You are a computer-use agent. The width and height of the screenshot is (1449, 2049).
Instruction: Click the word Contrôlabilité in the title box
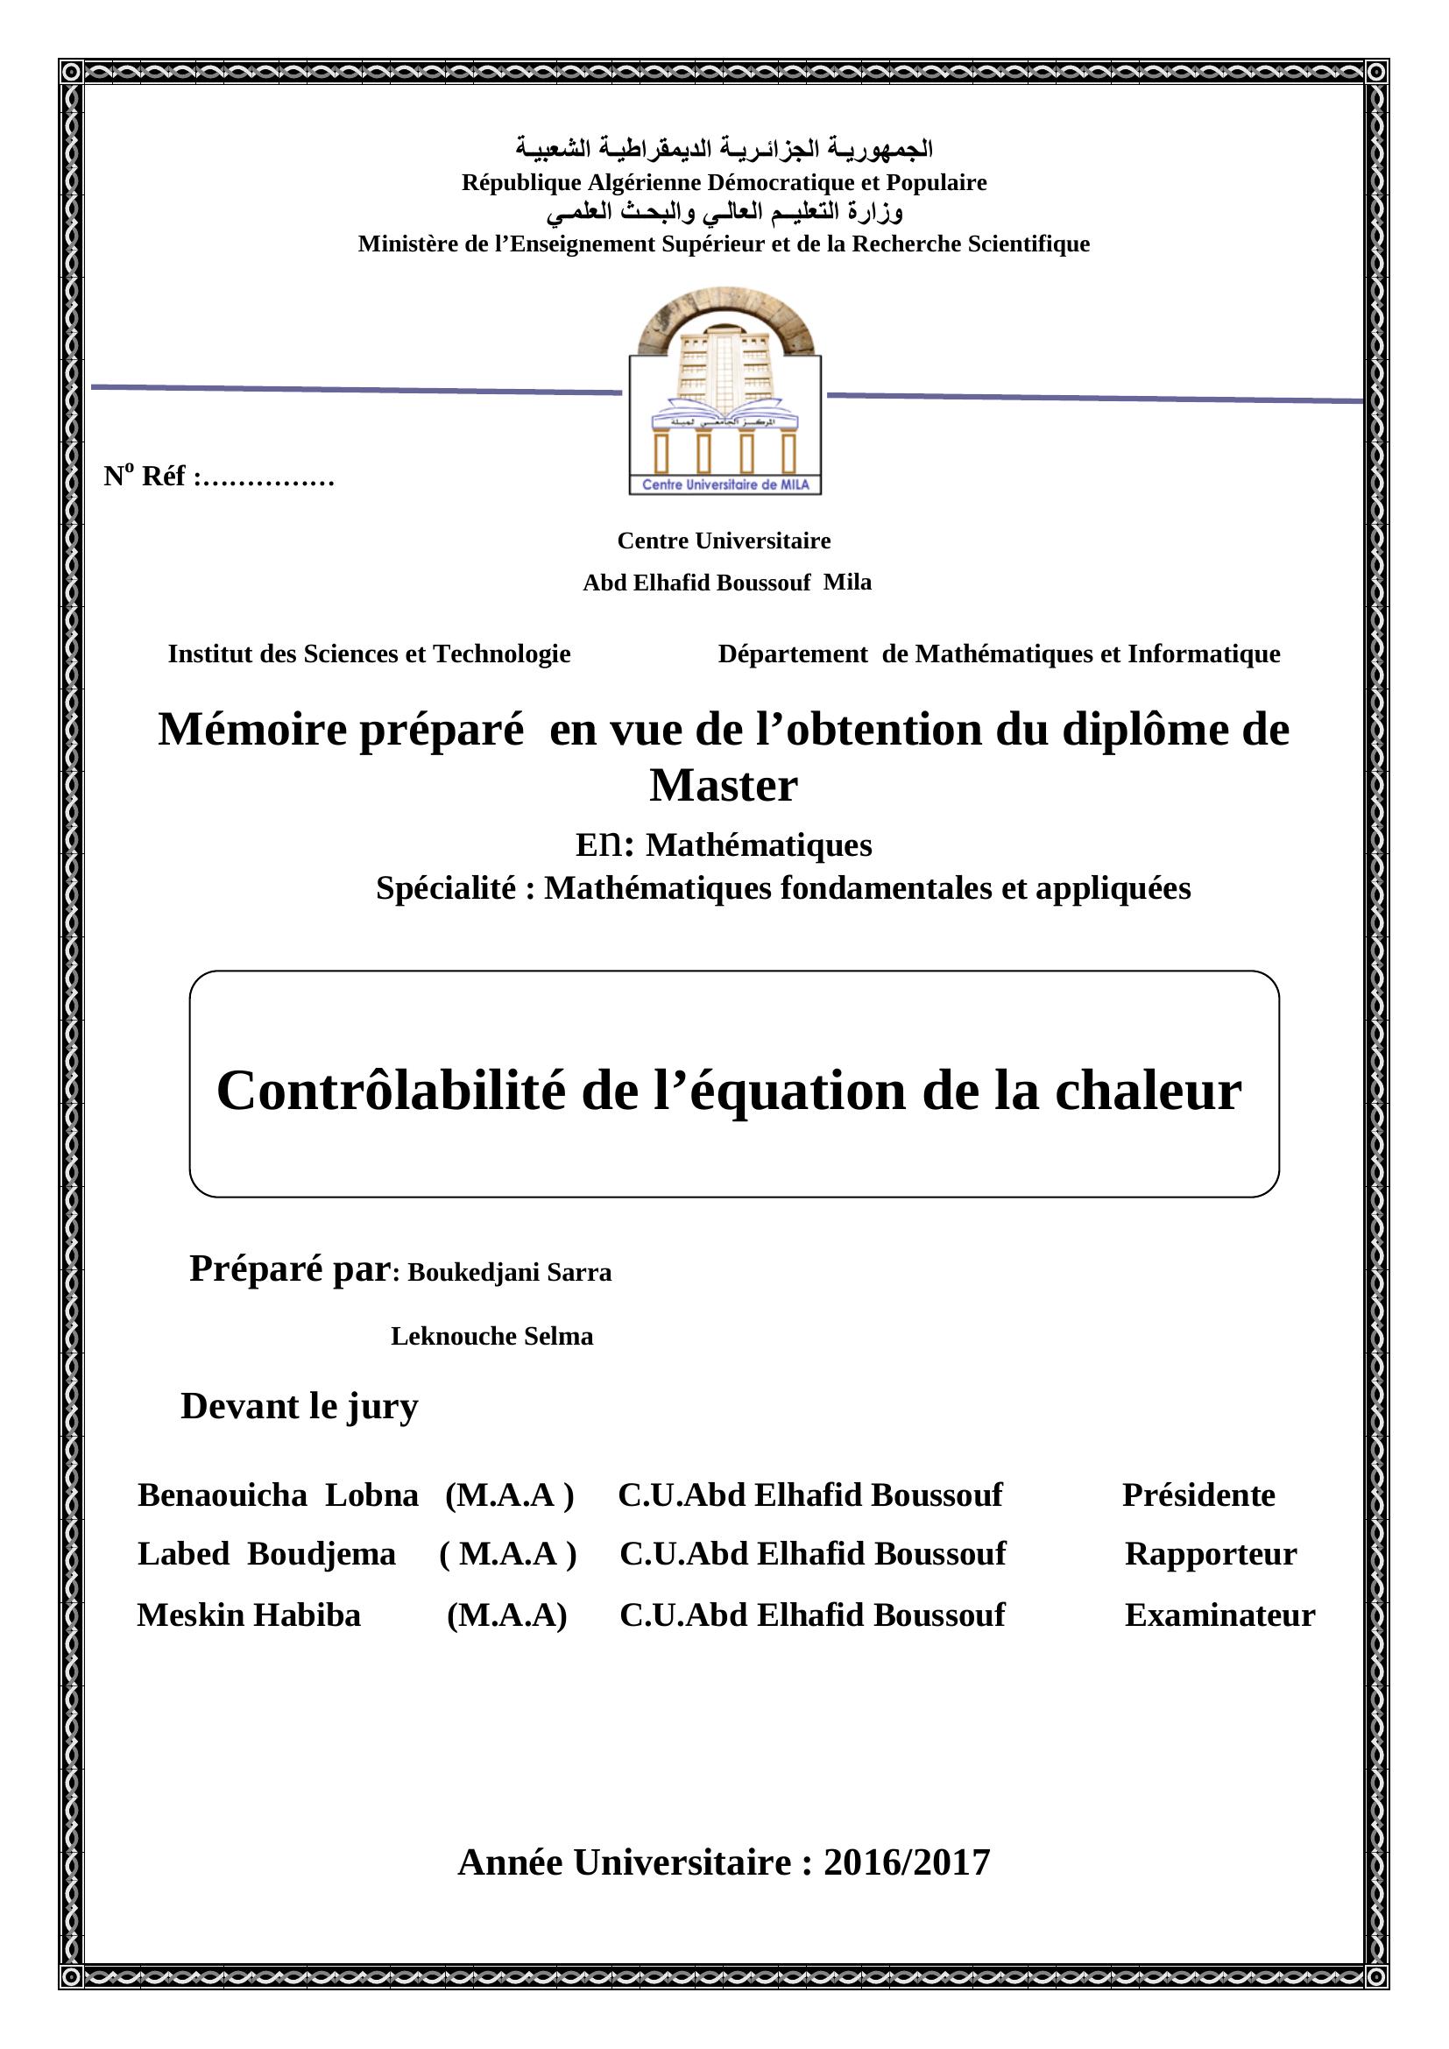click(391, 1091)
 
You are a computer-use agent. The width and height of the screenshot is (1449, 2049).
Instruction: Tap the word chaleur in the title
click(1149, 1091)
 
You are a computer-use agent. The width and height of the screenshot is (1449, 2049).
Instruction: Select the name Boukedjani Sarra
click(510, 1273)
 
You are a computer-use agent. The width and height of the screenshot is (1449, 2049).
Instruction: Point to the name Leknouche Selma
click(491, 1337)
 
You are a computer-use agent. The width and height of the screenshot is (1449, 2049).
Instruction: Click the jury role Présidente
click(1198, 1494)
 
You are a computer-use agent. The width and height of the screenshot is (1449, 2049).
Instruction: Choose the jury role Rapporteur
click(1210, 1554)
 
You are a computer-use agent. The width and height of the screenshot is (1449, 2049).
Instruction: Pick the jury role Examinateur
click(1219, 1614)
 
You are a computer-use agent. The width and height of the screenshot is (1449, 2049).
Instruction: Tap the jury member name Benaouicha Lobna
click(278, 1494)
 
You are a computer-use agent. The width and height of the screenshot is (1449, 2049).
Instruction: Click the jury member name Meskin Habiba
click(249, 1614)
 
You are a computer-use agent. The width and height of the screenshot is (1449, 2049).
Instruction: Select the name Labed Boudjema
click(266, 1554)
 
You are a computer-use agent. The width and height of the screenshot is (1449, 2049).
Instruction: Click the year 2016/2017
click(907, 1862)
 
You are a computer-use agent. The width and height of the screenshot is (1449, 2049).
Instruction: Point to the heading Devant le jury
click(299, 1407)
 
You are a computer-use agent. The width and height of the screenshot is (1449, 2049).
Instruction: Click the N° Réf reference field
click(220, 477)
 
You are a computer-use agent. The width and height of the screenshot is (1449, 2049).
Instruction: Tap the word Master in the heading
click(724, 786)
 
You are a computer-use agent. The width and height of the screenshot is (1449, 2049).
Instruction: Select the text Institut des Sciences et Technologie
click(369, 654)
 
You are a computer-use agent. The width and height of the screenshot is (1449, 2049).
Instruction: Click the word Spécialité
click(445, 888)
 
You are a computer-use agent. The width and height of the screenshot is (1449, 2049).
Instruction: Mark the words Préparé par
click(290, 1268)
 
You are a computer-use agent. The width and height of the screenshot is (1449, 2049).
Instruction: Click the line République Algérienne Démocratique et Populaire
click(724, 183)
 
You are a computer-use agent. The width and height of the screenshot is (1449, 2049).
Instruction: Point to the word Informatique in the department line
click(1204, 654)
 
